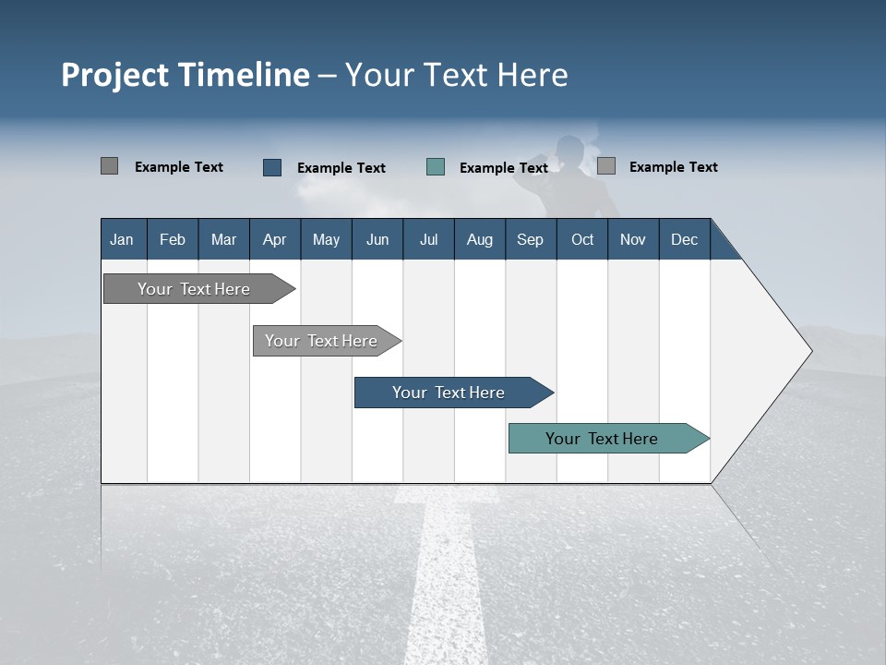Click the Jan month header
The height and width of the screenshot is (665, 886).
[123, 239]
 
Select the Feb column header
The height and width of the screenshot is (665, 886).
[173, 239]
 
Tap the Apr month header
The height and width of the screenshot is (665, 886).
[275, 239]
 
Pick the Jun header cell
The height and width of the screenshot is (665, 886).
[377, 239]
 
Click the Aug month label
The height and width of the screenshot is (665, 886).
[480, 239]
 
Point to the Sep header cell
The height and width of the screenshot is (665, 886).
[531, 239]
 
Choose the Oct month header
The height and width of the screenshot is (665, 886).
[582, 239]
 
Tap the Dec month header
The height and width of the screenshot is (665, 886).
[685, 239]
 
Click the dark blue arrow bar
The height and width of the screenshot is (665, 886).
[449, 393]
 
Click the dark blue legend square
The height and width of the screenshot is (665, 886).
[272, 167]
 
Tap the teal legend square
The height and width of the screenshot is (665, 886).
[436, 167]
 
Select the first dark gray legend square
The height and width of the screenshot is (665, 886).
[109, 166]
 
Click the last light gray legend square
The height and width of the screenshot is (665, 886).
[606, 166]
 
